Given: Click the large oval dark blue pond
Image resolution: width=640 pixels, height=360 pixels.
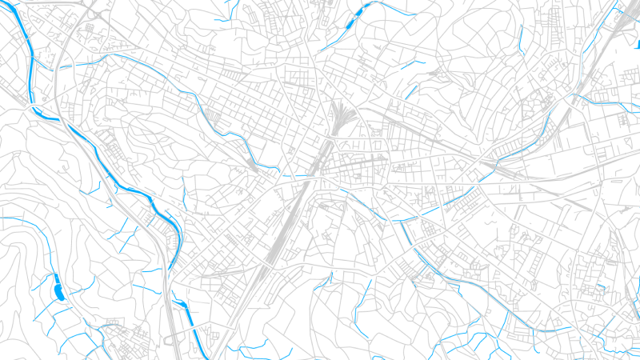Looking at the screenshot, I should tap(58, 290).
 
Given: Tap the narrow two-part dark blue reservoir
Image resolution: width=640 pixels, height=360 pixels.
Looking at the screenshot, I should tap(353, 20).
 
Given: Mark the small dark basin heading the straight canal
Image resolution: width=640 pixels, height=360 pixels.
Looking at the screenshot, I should tap(178, 299).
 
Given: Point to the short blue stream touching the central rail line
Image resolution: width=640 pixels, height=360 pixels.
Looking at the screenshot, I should tap(292, 174).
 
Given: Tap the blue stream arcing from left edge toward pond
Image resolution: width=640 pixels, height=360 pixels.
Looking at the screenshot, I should tap(24, 219).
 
